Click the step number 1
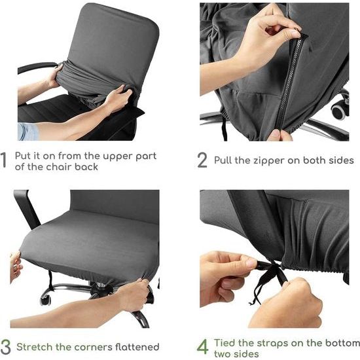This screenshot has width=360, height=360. pyautogui.click(x=5, y=160)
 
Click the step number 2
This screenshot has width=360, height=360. pyautogui.click(x=203, y=160)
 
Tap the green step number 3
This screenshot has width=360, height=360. pyautogui.click(x=6, y=345)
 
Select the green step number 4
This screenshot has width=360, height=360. pyautogui.click(x=203, y=345)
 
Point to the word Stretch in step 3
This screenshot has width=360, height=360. pyautogui.click(x=34, y=346)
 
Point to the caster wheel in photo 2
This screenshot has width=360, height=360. pyautogui.click(x=340, y=108)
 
